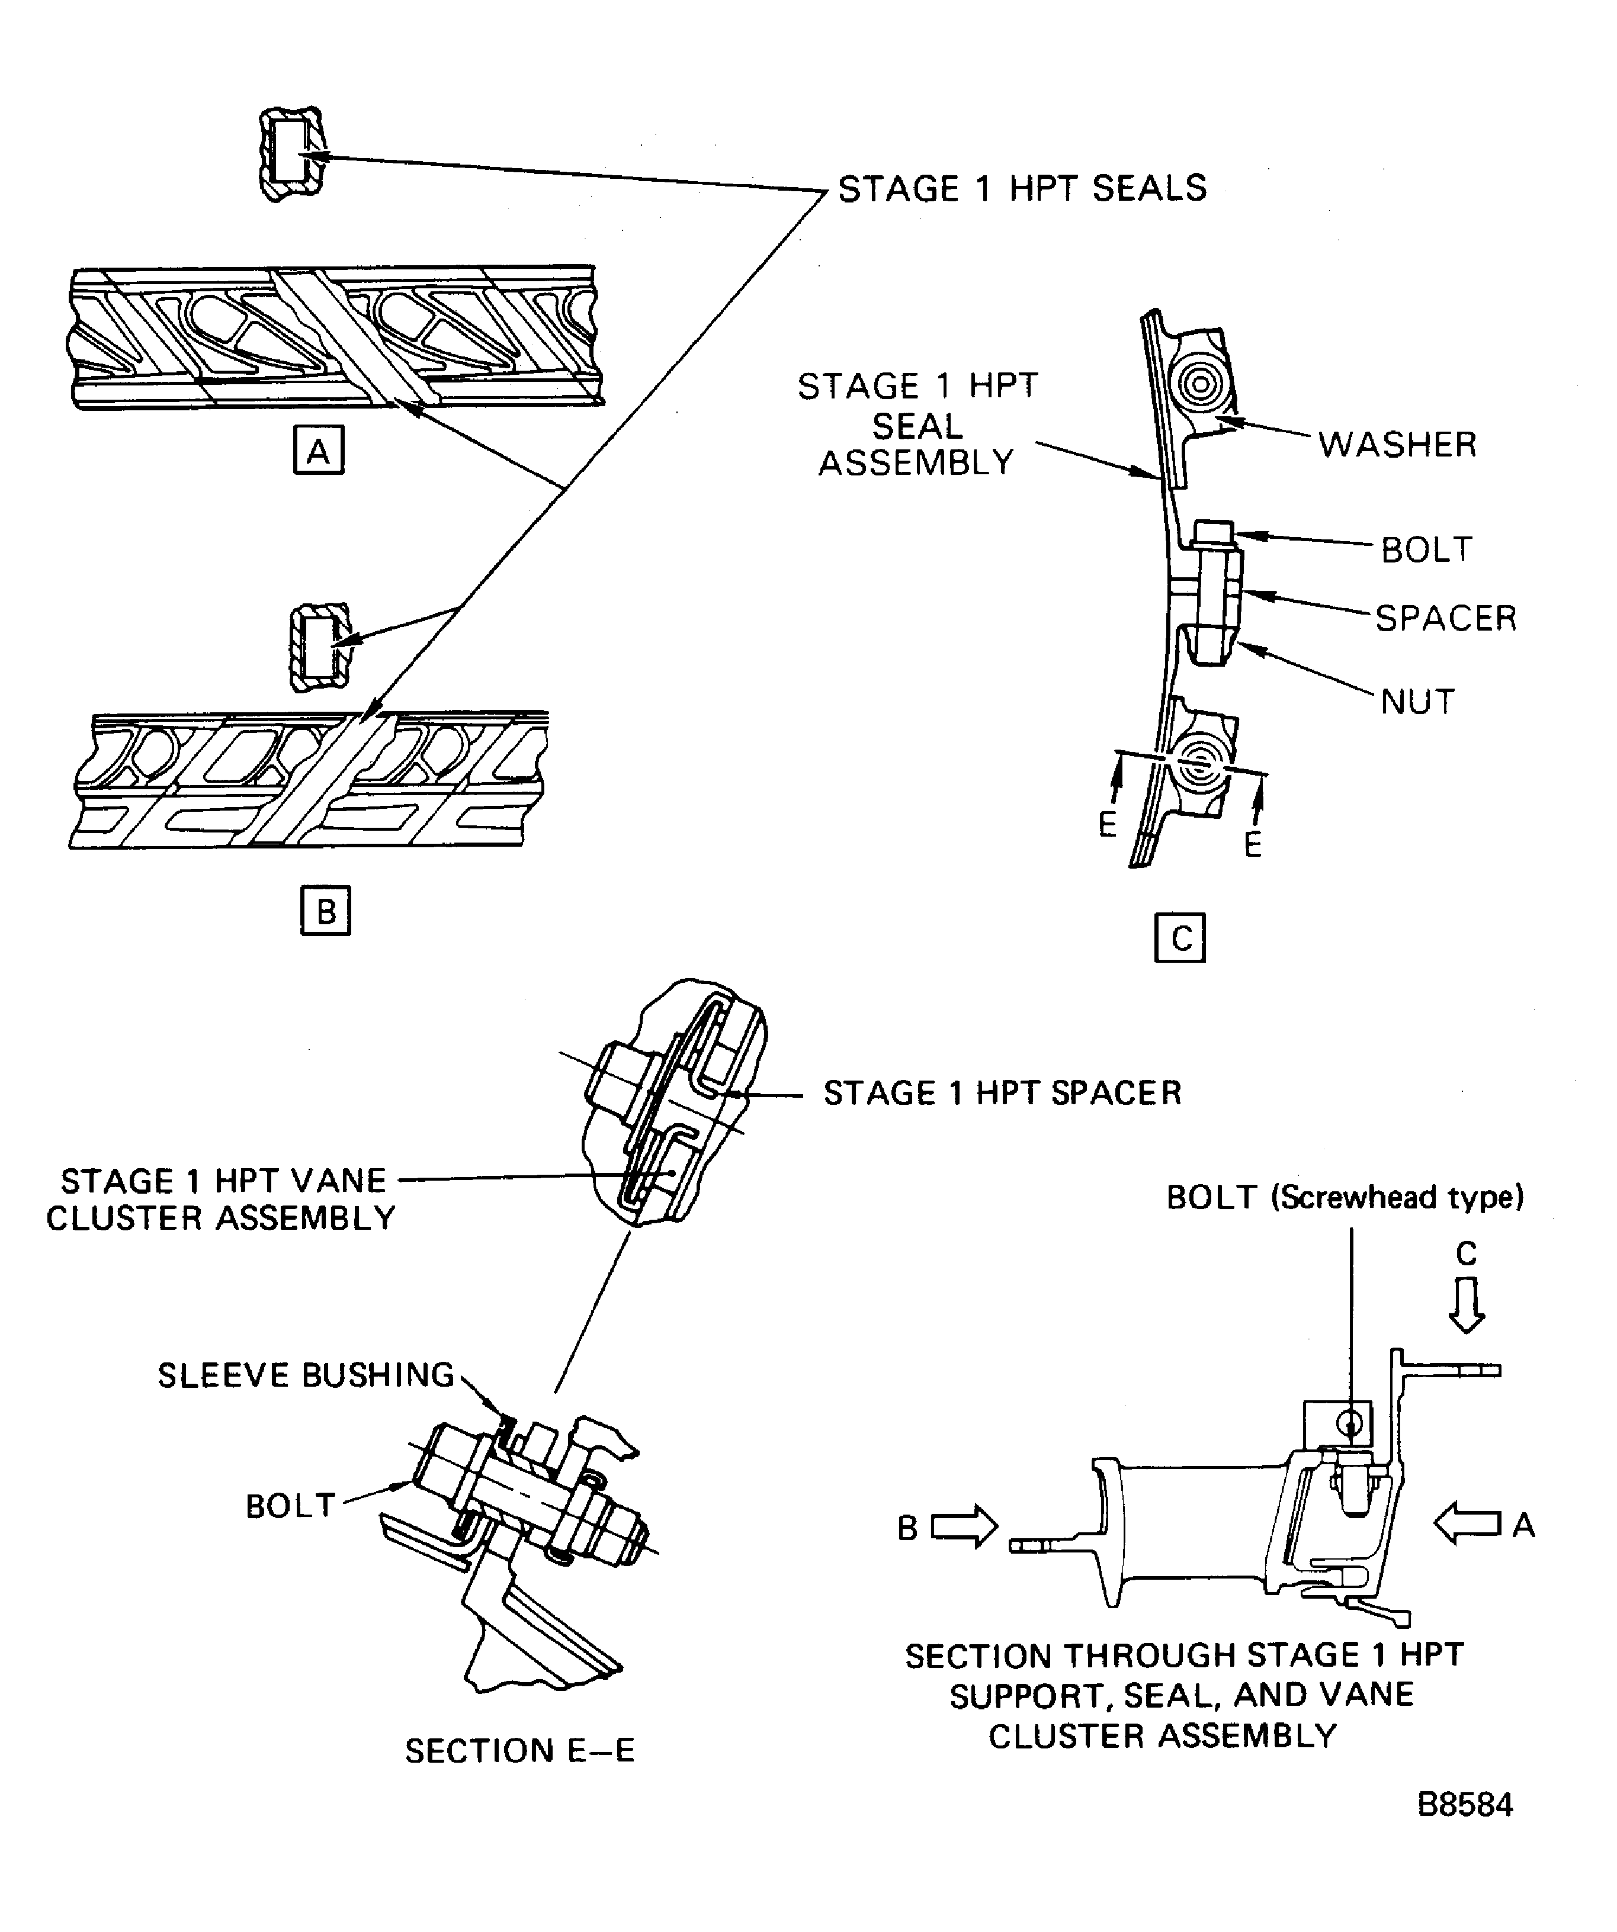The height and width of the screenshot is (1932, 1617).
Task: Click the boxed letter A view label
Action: point(319,450)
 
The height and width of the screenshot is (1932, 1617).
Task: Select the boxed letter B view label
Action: point(326,911)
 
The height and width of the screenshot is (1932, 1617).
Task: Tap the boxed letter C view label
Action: point(1180,937)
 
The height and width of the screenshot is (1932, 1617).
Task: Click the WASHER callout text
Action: point(1397,444)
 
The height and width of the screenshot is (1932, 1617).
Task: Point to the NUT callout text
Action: point(1417,702)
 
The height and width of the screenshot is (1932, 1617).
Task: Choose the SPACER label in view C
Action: point(1446,618)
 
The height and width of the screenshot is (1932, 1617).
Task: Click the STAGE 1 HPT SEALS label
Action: point(1022,189)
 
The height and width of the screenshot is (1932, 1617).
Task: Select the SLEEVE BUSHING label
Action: point(306,1375)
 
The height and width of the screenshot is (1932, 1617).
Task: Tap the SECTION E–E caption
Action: point(520,1751)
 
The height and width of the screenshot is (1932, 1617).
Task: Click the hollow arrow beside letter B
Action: point(964,1527)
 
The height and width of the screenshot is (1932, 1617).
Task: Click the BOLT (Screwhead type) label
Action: point(1345,1198)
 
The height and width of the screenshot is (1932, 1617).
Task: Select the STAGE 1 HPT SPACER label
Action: point(1002,1093)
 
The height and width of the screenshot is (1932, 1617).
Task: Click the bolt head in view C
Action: point(1213,535)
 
